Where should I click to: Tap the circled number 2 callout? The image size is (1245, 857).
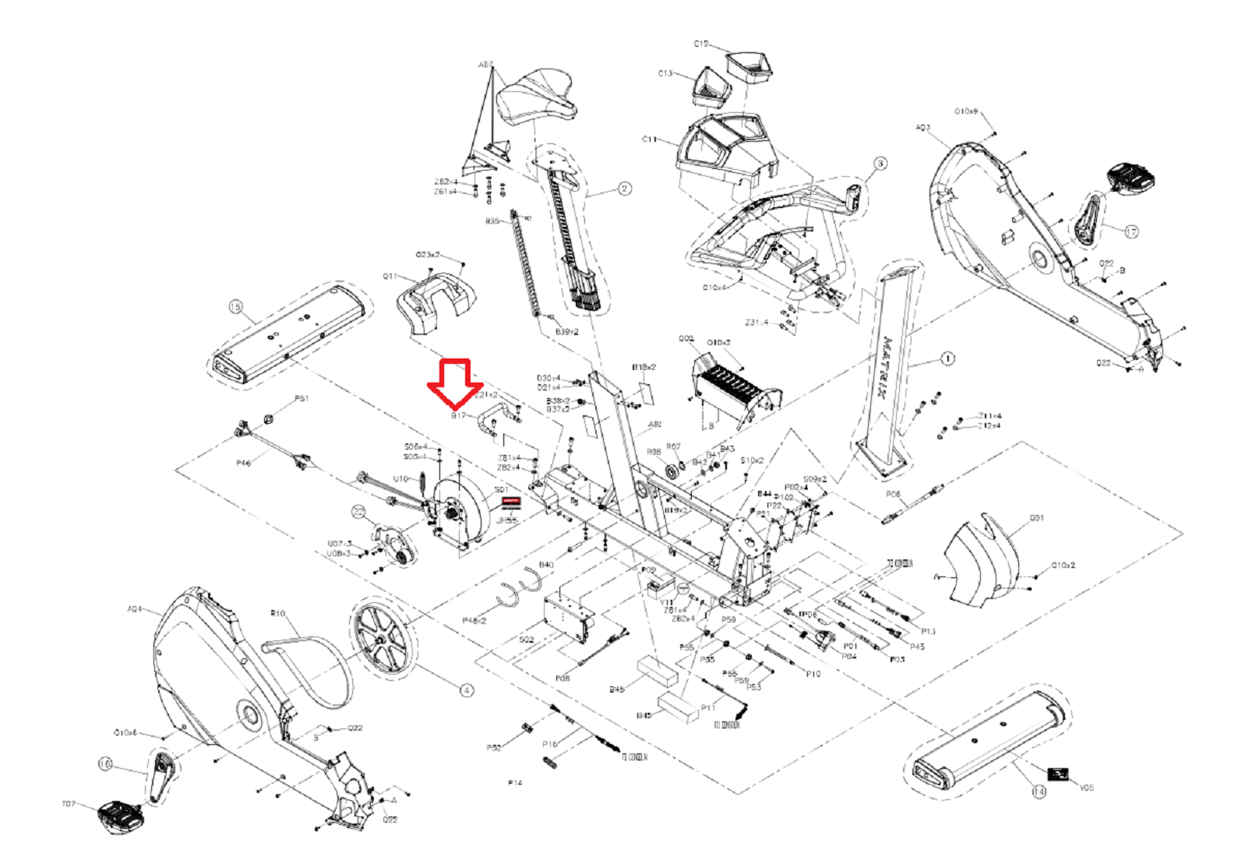pyautogui.click(x=624, y=189)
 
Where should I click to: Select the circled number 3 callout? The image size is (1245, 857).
pyautogui.click(x=880, y=164)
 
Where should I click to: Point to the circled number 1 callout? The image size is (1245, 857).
pyautogui.click(x=947, y=358)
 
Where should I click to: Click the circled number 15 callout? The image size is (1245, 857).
pyautogui.click(x=235, y=307)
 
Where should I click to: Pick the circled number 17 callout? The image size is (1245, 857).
pyautogui.click(x=1130, y=231)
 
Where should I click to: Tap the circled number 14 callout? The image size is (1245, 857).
pyautogui.click(x=1039, y=792)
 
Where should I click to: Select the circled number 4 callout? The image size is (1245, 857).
pyautogui.click(x=466, y=690)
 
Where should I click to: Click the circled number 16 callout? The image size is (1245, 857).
pyautogui.click(x=105, y=764)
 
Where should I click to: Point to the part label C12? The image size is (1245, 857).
pyautogui.click(x=701, y=44)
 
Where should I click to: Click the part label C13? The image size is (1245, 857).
pyautogui.click(x=665, y=74)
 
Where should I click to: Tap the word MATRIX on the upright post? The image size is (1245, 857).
pyautogui.click(x=889, y=367)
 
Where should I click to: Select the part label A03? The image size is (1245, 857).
pyautogui.click(x=922, y=128)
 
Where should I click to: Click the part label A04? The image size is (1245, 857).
pyautogui.click(x=135, y=609)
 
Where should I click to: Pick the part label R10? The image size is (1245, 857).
pyautogui.click(x=278, y=614)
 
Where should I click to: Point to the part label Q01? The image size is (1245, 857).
pyautogui.click(x=1036, y=518)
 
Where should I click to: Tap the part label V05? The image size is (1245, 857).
pyautogui.click(x=1087, y=788)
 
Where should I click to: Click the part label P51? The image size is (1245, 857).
pyautogui.click(x=302, y=399)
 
